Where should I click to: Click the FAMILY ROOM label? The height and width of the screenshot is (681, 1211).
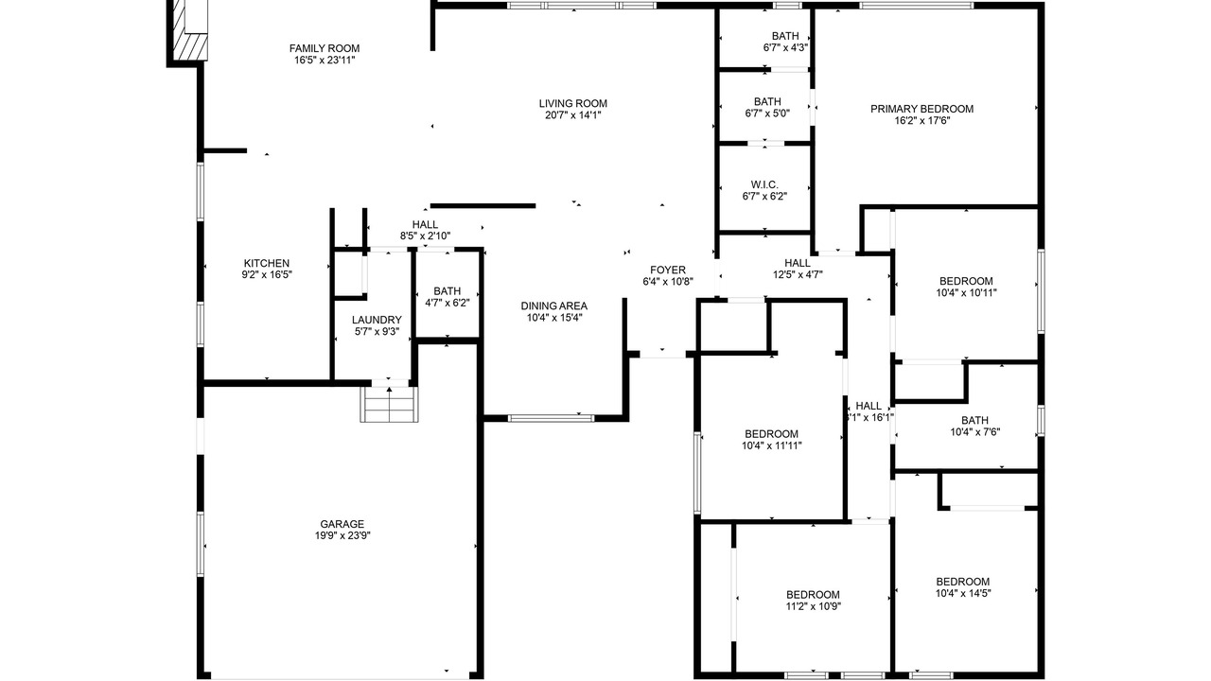pyautogui.click(x=325, y=48)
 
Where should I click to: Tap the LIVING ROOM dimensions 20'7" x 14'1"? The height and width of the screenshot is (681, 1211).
pyautogui.click(x=572, y=115)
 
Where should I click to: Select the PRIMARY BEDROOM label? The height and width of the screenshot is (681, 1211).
pyautogui.click(x=921, y=109)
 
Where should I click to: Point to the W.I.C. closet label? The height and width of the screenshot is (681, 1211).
pyautogui.click(x=764, y=184)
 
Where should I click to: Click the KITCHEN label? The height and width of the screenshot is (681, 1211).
pyautogui.click(x=267, y=263)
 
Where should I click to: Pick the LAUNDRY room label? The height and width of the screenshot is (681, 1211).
pyautogui.click(x=377, y=320)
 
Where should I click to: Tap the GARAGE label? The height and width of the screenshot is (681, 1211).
pyautogui.click(x=342, y=524)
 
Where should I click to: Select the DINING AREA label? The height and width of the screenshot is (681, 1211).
pyautogui.click(x=554, y=306)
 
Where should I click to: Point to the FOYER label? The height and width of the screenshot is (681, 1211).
pyautogui.click(x=668, y=270)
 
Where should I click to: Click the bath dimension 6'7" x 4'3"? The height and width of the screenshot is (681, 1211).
pyautogui.click(x=785, y=47)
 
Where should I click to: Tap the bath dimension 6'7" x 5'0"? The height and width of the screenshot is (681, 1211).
pyautogui.click(x=767, y=113)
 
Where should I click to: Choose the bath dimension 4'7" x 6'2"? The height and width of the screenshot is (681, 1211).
pyautogui.click(x=448, y=303)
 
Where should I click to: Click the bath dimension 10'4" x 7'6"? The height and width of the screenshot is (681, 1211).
pyautogui.click(x=975, y=432)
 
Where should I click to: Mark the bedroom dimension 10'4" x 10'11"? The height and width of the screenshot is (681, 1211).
pyautogui.click(x=966, y=293)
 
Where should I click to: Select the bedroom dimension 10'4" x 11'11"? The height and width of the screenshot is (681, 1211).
pyautogui.click(x=771, y=445)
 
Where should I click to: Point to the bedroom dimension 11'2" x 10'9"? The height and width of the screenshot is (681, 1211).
pyautogui.click(x=813, y=606)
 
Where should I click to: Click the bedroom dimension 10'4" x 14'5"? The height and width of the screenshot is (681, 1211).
pyautogui.click(x=963, y=593)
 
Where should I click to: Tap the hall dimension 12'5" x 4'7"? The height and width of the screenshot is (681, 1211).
pyautogui.click(x=798, y=274)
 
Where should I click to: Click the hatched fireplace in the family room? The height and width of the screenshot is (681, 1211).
pyautogui.click(x=190, y=46)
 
